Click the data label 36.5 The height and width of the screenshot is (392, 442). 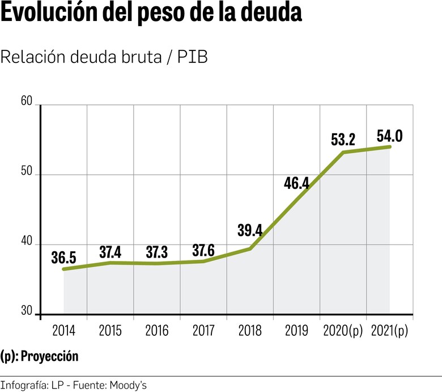tap(63, 257)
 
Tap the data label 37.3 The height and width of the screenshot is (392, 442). tap(156, 252)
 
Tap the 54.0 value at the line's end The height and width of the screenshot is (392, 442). tap(389, 136)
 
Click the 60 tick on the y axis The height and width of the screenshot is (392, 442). tap(27, 102)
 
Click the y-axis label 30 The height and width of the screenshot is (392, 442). tap(27, 311)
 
